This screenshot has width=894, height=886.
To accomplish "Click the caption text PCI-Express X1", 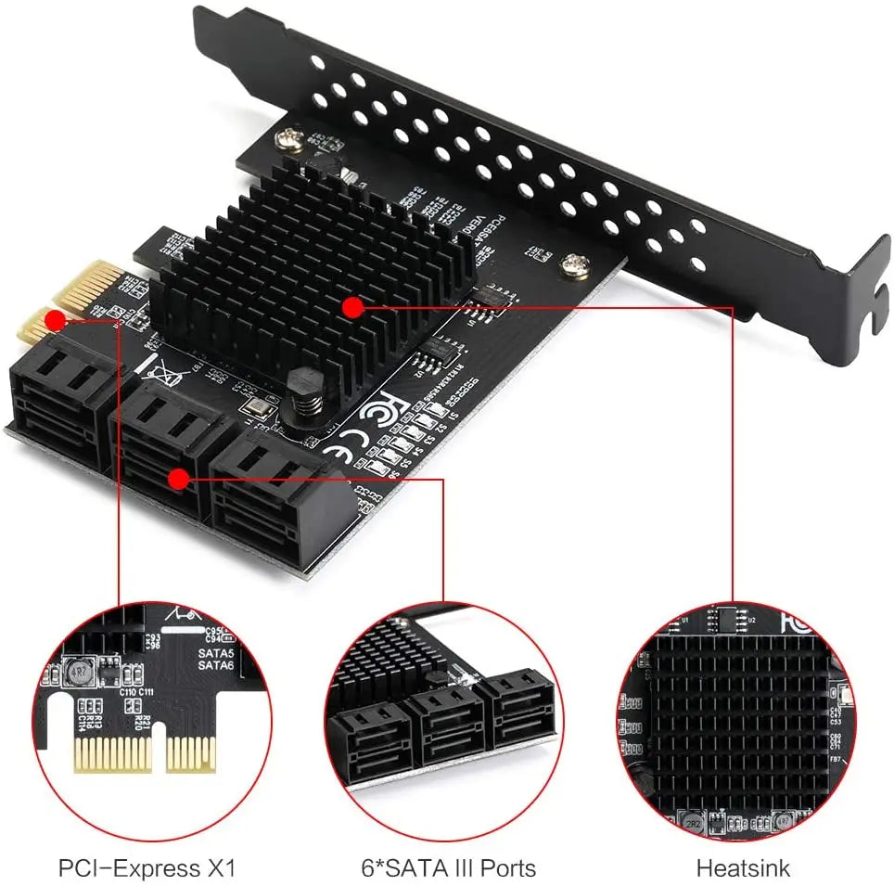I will pos(147,868).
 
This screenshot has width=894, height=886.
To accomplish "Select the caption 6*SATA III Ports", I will pos(448,868).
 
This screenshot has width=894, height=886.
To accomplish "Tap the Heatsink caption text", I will pos(743,868).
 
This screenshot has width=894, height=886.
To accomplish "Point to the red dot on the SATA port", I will pos(177,479).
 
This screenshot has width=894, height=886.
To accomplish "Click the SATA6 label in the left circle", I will pos(215,665).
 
